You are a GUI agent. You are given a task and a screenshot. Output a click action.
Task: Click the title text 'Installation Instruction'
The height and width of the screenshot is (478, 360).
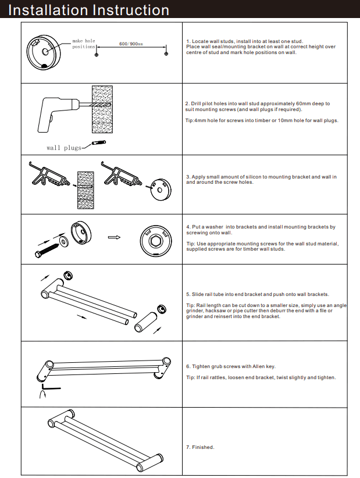90,10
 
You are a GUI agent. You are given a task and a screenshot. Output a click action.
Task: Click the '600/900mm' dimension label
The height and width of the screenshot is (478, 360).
131,44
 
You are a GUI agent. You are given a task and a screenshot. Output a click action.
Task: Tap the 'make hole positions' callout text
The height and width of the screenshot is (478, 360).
84,44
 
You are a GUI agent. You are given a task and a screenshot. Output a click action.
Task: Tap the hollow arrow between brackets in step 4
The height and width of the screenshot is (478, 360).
114,237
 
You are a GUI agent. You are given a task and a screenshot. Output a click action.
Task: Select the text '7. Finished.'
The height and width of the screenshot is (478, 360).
200,447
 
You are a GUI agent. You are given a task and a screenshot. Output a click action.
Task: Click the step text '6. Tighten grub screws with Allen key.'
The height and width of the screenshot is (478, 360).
230,366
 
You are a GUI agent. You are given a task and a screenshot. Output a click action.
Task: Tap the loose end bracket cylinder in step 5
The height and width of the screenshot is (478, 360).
146,322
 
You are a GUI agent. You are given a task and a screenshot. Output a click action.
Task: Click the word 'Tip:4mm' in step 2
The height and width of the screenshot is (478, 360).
194,121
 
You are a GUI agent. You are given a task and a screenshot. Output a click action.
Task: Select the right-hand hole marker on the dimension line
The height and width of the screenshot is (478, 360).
166,53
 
